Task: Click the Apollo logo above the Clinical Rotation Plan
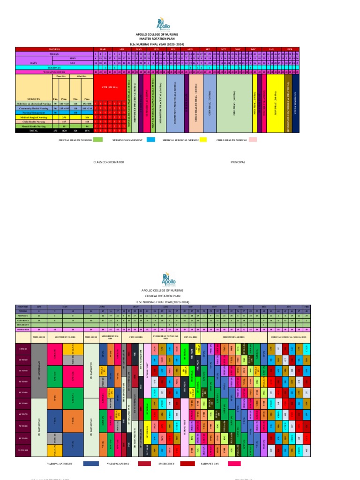click(x=167, y=280)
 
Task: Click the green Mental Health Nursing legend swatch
click(x=97, y=140)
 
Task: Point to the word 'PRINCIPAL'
click(x=238, y=162)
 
